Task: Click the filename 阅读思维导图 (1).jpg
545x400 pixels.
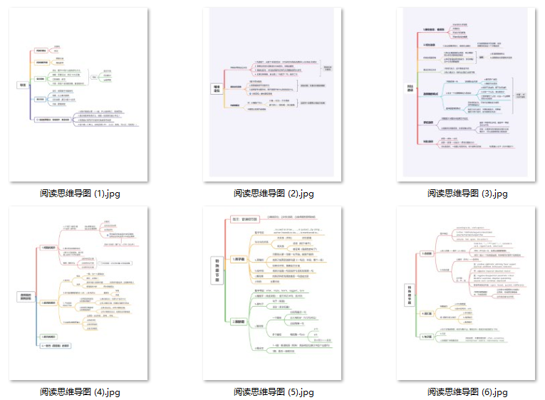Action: [79, 193]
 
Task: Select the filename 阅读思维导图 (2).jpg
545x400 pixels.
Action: [273, 193]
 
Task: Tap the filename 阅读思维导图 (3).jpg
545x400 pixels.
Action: [467, 193]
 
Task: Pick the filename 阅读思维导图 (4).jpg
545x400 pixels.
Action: [79, 391]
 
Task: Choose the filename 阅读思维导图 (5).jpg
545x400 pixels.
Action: [273, 391]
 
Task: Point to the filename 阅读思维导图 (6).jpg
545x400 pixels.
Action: [467, 391]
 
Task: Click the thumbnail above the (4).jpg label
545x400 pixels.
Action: [79, 293]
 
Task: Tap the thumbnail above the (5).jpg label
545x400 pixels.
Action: [273, 293]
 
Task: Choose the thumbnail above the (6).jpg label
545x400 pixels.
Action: [467, 293]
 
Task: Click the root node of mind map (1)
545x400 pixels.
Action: [22, 85]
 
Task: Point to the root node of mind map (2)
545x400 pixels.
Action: [217, 90]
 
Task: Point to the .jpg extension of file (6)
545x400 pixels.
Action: [499, 391]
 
